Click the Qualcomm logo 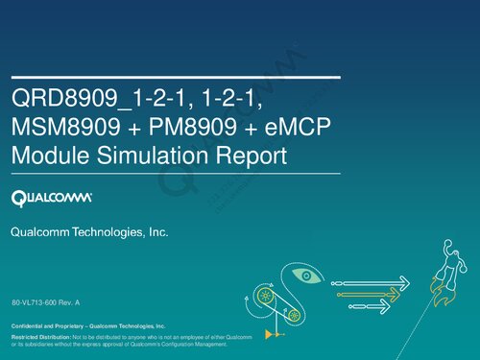pyautogui.click(x=51, y=199)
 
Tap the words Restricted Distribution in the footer pyautogui.click(x=39, y=339)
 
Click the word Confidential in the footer pyautogui.click(x=29, y=327)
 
